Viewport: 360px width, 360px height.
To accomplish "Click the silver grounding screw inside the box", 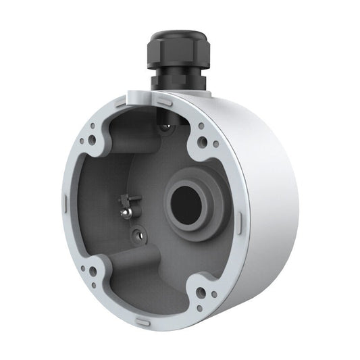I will pyautogui.click(x=126, y=211).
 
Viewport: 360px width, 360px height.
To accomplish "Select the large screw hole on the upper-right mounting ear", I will pyautogui.click(x=202, y=143).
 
